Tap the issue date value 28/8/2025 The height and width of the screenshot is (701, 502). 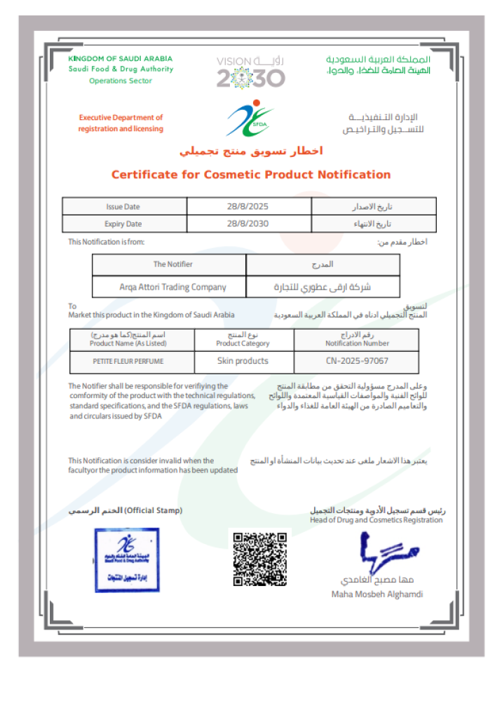click(x=248, y=207)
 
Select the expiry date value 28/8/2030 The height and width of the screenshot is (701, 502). click(x=248, y=224)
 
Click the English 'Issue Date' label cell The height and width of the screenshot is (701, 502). click(x=123, y=207)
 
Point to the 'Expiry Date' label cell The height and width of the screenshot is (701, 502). click(x=123, y=224)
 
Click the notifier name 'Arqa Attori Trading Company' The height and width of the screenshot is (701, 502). click(x=173, y=287)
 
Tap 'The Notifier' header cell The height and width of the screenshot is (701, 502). click(x=173, y=264)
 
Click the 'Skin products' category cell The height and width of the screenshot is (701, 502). click(x=243, y=361)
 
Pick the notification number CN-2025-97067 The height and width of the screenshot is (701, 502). click(x=357, y=361)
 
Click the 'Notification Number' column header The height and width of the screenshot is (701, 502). click(x=357, y=343)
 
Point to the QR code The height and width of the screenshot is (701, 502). click(x=260, y=559)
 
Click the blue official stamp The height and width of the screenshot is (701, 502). click(x=127, y=560)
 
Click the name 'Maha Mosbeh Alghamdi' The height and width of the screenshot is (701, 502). click(x=377, y=594)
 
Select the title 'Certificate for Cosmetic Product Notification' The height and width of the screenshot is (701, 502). click(x=251, y=175)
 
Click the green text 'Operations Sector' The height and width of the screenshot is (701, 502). click(x=121, y=81)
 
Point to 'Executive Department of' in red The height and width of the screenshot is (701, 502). click(x=121, y=118)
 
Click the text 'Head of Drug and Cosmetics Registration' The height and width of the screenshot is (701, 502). click(x=376, y=520)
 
